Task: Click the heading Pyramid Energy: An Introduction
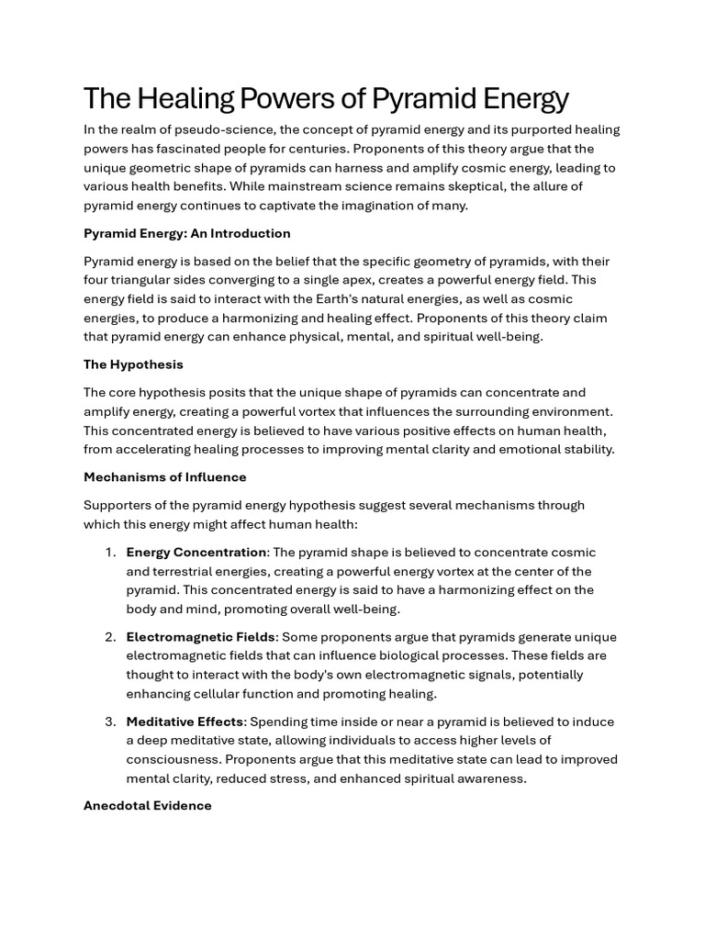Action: point(186,233)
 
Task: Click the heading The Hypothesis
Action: point(133,364)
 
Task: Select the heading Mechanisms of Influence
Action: point(164,477)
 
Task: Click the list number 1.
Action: point(109,553)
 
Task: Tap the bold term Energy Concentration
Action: point(196,553)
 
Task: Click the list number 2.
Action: point(109,637)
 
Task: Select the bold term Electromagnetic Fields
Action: point(200,637)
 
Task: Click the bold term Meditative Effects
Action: point(185,722)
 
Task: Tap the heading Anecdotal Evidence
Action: point(147,806)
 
